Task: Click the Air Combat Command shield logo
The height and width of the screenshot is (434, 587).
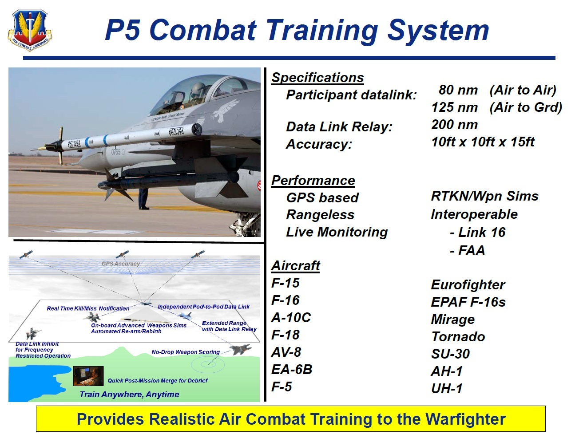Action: [30, 31]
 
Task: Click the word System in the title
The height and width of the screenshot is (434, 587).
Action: [438, 31]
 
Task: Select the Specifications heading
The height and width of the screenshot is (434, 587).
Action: [317, 78]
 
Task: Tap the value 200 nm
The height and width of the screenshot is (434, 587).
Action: [454, 125]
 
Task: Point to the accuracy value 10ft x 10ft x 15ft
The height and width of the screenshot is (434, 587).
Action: [483, 142]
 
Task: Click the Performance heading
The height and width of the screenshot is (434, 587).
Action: [313, 181]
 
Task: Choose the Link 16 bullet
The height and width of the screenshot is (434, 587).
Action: [477, 233]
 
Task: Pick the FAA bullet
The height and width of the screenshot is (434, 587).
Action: [467, 250]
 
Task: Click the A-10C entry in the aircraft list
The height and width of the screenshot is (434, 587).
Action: [291, 318]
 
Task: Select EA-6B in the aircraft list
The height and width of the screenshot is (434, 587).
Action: [292, 370]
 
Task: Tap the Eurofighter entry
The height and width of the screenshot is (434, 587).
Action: [468, 285]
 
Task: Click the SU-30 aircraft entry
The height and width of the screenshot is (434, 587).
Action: [450, 354]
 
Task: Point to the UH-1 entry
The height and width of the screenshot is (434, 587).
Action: [447, 388]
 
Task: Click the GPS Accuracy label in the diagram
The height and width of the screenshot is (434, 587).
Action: [121, 264]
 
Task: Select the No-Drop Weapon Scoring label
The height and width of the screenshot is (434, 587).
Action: [186, 352]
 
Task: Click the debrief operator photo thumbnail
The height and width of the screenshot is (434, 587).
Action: [88, 376]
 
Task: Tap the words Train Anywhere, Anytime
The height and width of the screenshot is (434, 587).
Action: [129, 395]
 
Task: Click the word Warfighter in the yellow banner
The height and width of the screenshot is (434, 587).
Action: [465, 419]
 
